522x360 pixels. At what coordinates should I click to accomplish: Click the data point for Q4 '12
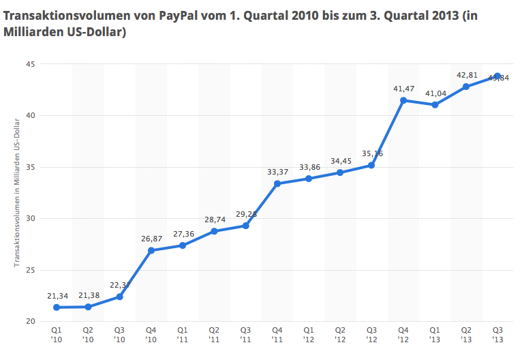point(403,100)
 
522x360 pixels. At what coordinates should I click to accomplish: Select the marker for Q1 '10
point(56,307)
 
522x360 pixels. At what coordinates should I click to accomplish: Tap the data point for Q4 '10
point(151,250)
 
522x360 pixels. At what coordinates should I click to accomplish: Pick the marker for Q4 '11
point(277,183)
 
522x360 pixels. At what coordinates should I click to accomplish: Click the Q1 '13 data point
point(435,105)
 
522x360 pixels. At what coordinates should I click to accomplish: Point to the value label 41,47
point(403,89)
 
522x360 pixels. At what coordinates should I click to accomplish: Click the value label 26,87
point(151,239)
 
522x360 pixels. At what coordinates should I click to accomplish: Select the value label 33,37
point(277,172)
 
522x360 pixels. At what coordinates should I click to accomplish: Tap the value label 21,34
point(56,295)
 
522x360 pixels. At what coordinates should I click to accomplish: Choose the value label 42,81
point(466,75)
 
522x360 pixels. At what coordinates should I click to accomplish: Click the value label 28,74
point(214,220)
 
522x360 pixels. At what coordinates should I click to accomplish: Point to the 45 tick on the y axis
point(30,64)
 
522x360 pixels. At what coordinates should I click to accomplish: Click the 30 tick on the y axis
point(30,219)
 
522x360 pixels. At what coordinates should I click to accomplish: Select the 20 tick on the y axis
point(30,322)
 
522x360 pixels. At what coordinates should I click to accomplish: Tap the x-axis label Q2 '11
point(214,334)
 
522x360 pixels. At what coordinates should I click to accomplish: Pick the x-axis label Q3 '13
point(498,334)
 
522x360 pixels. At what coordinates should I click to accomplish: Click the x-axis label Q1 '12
point(309,334)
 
